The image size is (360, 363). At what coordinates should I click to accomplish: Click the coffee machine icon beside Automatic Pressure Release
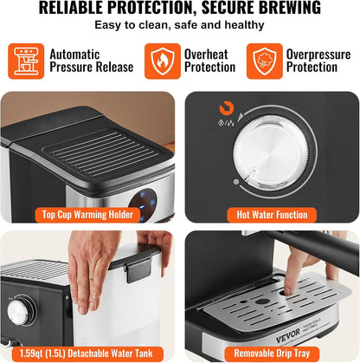[26, 62]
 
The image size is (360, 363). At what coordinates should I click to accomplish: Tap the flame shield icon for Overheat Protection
[163, 62]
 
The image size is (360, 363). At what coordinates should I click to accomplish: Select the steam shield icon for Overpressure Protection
[265, 62]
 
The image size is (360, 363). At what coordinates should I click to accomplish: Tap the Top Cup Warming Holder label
[87, 215]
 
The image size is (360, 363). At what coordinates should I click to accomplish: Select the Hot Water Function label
[272, 215]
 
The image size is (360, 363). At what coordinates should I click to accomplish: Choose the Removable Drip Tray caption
[272, 353]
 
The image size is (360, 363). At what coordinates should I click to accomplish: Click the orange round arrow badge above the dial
[227, 108]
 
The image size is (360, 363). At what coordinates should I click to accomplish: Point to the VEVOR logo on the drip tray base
[288, 336]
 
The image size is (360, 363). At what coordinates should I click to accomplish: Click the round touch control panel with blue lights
[143, 204]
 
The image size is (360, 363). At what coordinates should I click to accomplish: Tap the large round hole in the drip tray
[262, 301]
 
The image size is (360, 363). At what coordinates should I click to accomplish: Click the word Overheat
[206, 55]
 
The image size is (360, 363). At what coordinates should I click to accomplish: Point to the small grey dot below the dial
[236, 182]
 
